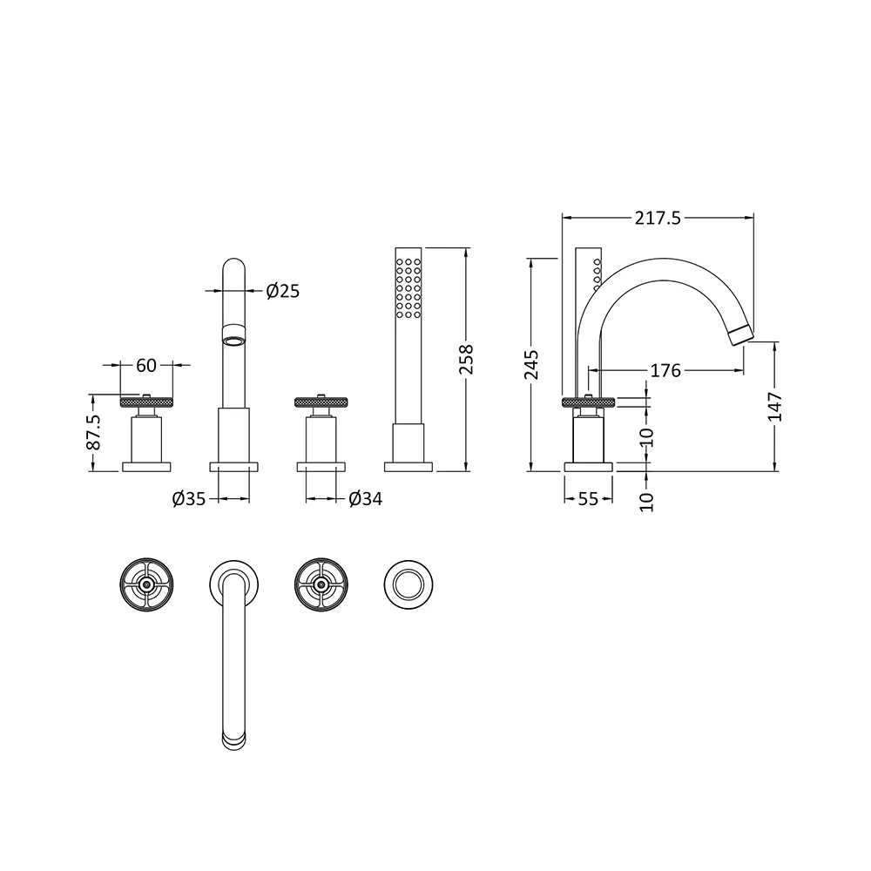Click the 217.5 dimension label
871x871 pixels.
coord(658,219)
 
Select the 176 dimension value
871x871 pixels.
coord(665,371)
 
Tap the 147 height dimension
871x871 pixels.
coord(776,407)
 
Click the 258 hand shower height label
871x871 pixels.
coord(467,360)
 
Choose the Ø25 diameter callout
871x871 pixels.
coord(282,291)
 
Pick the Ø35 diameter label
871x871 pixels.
coord(189,499)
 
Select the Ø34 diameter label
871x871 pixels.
coord(365,499)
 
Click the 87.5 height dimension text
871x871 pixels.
coord(94,432)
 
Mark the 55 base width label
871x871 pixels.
coord(589,499)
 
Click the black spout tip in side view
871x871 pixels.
coord(740,333)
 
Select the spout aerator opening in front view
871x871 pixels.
coord(233,341)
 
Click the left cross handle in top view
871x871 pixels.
coord(145,584)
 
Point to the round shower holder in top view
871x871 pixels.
coord(408,584)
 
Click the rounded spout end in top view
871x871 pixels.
coord(233,739)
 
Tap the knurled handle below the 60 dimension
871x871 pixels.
coord(145,402)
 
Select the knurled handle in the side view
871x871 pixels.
coord(590,402)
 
